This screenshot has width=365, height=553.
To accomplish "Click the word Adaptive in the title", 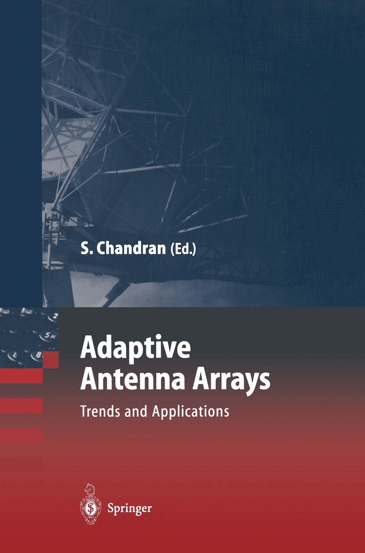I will point(135,350).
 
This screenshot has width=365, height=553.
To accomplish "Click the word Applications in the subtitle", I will point(191,412).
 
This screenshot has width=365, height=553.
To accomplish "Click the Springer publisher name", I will point(129,509).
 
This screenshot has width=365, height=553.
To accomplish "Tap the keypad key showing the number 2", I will point(55,316).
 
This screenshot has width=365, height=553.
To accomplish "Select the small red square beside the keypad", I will point(51,360).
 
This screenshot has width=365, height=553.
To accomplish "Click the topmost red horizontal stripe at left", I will point(21,376).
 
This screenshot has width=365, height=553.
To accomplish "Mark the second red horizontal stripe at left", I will point(21,405).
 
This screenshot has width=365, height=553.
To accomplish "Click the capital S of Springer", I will point(111,508).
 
